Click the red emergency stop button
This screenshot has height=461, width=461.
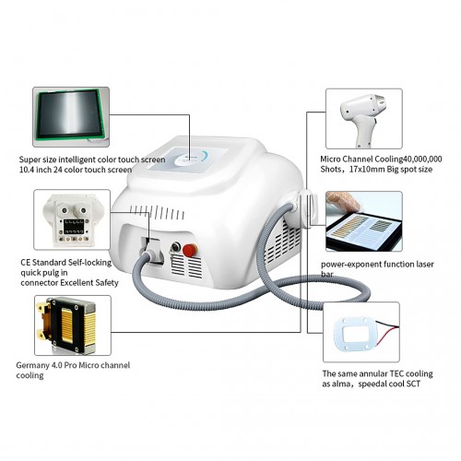190,250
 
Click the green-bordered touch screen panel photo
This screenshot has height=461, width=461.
71,117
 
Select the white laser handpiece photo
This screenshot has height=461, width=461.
364,119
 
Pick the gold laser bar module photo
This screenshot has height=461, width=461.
73,325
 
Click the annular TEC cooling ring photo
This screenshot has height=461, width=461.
361,332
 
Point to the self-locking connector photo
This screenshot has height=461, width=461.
72,219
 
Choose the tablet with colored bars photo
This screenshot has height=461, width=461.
364,221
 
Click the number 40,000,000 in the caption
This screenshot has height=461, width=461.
422,160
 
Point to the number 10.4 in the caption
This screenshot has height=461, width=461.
27,170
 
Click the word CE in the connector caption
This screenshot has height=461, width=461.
26,263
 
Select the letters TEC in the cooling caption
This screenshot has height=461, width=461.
396,373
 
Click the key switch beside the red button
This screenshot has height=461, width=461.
175,247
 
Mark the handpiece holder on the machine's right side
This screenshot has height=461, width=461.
306,207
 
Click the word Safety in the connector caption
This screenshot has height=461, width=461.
107,283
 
